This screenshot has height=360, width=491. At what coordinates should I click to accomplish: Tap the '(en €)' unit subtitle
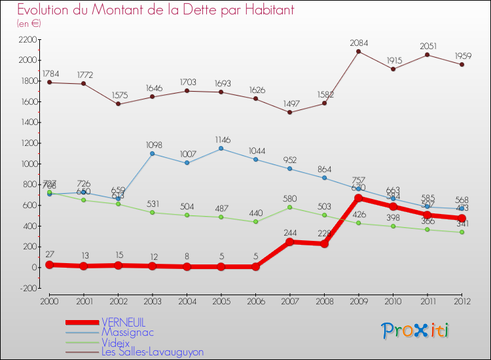coord(29,24)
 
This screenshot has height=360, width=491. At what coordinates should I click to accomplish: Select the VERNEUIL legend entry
coord(123,322)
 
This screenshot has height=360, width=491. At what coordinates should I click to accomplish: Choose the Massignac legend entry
coord(127,332)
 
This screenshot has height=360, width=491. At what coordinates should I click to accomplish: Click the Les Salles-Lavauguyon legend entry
coord(152,351)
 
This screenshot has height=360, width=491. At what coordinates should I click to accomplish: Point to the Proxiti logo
coord(416,331)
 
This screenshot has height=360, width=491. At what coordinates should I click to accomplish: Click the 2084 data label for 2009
coord(359,43)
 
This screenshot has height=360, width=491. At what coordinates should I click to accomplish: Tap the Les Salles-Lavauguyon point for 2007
coord(290,112)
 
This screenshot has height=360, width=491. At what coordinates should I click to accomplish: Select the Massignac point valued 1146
coord(221,149)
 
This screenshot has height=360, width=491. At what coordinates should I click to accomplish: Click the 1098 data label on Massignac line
coord(153,144)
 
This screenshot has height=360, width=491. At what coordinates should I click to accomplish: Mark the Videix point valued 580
coord(290,207)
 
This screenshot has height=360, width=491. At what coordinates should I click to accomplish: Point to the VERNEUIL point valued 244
coord(290,242)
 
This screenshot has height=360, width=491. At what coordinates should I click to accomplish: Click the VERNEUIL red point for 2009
coord(359,198)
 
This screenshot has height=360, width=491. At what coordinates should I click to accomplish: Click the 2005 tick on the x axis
coord(221,300)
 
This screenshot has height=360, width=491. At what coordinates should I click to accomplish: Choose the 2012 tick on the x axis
coord(462,300)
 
